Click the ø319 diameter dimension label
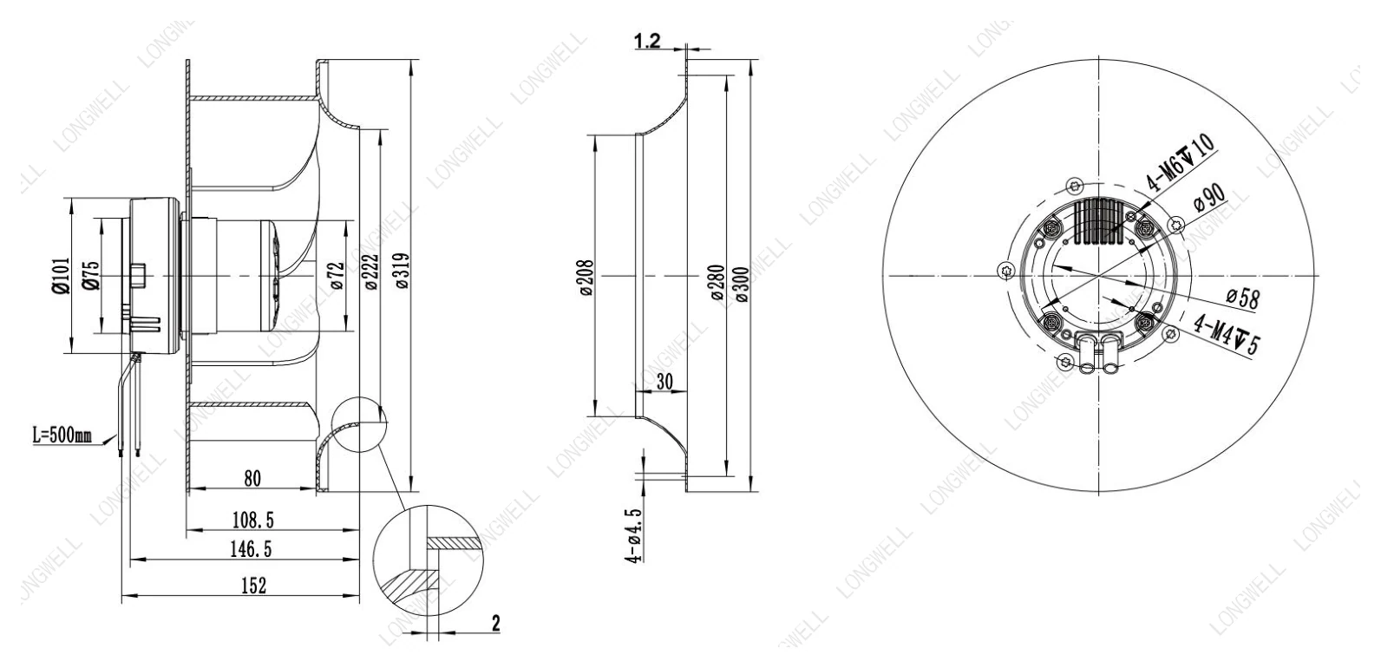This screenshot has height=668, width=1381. coord(402,271)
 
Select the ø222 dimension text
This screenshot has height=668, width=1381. coord(370,272)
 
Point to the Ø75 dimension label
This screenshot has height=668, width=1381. coord(90,274)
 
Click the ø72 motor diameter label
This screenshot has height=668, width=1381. coord(337,275)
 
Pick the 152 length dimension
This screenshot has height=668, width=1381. coord(253,585)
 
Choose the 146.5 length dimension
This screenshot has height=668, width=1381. coord(251,549)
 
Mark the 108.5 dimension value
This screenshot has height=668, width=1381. coord(252,521)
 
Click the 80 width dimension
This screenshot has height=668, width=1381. coord(252,478)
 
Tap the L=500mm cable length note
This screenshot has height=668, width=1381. coord(62,436)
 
